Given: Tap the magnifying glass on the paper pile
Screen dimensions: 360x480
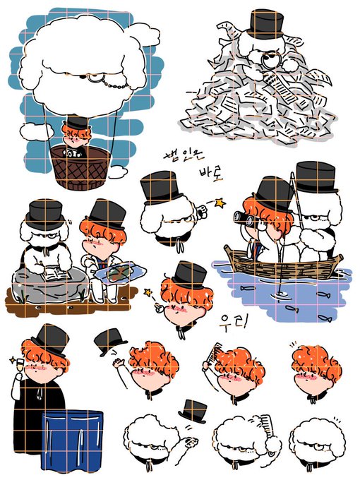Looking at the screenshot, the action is click(271, 61).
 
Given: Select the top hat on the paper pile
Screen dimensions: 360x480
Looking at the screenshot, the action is click(265, 24).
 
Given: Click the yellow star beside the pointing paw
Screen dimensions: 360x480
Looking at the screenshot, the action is click(220, 203).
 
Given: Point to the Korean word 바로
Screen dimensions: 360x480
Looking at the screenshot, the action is click(211, 174).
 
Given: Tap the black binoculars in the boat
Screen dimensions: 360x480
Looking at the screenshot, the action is click(244, 218).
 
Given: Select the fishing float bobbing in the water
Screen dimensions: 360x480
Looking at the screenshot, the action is click(280, 294).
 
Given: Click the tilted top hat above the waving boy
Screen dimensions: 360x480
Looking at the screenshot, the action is click(110, 342).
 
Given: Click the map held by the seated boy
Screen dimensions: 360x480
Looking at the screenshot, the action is click(120, 272).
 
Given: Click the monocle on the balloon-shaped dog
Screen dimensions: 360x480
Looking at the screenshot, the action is click(92, 78).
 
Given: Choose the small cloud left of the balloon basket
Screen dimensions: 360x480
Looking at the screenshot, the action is click(36, 131).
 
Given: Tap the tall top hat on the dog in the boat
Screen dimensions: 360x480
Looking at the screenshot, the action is click(316, 177).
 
